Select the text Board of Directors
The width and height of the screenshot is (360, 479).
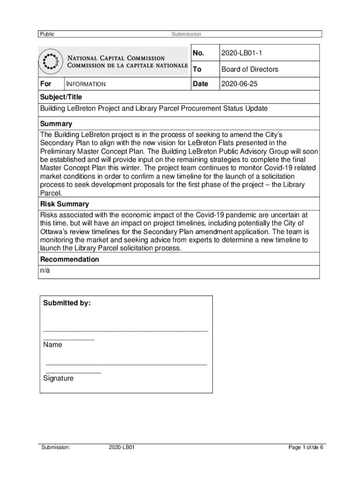[250, 69]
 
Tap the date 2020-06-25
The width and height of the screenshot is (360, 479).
[239, 84]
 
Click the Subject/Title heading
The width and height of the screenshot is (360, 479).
[61, 97]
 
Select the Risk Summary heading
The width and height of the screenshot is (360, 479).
[65, 204]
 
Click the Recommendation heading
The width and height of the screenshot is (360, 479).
[70, 259]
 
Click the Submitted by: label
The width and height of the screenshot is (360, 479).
[67, 303]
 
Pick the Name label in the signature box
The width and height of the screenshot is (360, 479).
[52, 345]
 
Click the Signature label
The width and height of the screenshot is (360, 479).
[58, 378]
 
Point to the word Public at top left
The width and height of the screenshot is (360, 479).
[47, 34]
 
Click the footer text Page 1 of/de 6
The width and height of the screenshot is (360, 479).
[306, 447]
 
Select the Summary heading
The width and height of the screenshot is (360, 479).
[56, 124]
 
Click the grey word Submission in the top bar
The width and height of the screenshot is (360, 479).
[186, 34]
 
